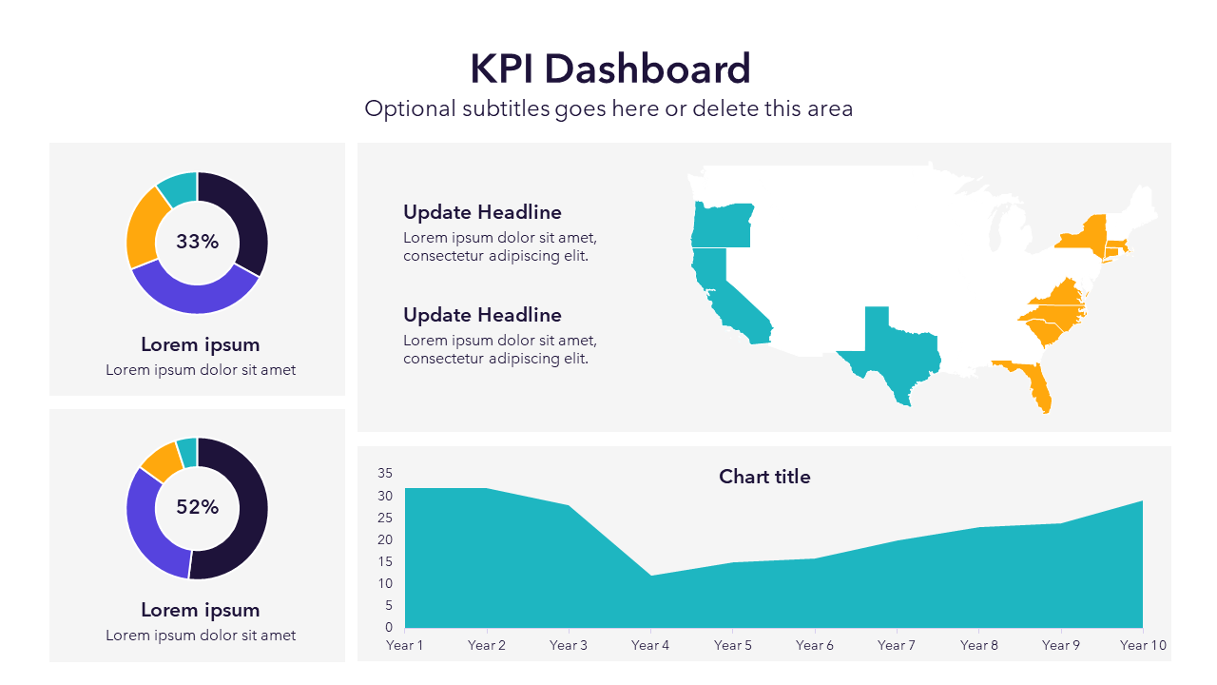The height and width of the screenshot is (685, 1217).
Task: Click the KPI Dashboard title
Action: (609, 69)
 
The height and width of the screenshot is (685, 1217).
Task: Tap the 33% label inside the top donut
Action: (197, 242)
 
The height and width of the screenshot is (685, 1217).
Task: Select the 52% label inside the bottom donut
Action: (197, 507)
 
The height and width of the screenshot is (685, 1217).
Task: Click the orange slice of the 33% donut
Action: (144, 228)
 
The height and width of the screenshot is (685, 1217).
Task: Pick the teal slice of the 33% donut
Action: (179, 187)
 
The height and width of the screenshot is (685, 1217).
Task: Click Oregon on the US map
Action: (722, 225)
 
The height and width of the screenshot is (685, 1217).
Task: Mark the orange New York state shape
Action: (1085, 235)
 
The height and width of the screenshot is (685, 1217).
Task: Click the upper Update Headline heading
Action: (482, 212)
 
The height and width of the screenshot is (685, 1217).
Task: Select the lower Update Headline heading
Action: (482, 315)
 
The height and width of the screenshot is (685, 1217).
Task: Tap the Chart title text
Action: (764, 477)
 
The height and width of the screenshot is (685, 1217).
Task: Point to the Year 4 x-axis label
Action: (650, 645)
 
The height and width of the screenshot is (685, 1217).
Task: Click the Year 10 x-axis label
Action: (1143, 645)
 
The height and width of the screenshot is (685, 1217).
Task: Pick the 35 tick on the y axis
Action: (385, 473)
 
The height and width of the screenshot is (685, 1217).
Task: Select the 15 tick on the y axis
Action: (385, 561)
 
